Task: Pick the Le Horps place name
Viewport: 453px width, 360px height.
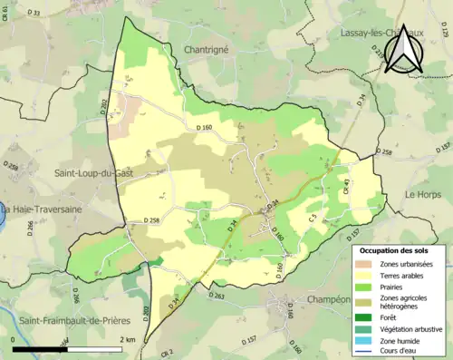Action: [x=421, y=194]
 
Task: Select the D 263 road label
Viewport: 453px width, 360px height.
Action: [x=222, y=295]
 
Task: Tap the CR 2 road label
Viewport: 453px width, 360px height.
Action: [x=167, y=352]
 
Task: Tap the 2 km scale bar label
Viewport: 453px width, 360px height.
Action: [x=128, y=339]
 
